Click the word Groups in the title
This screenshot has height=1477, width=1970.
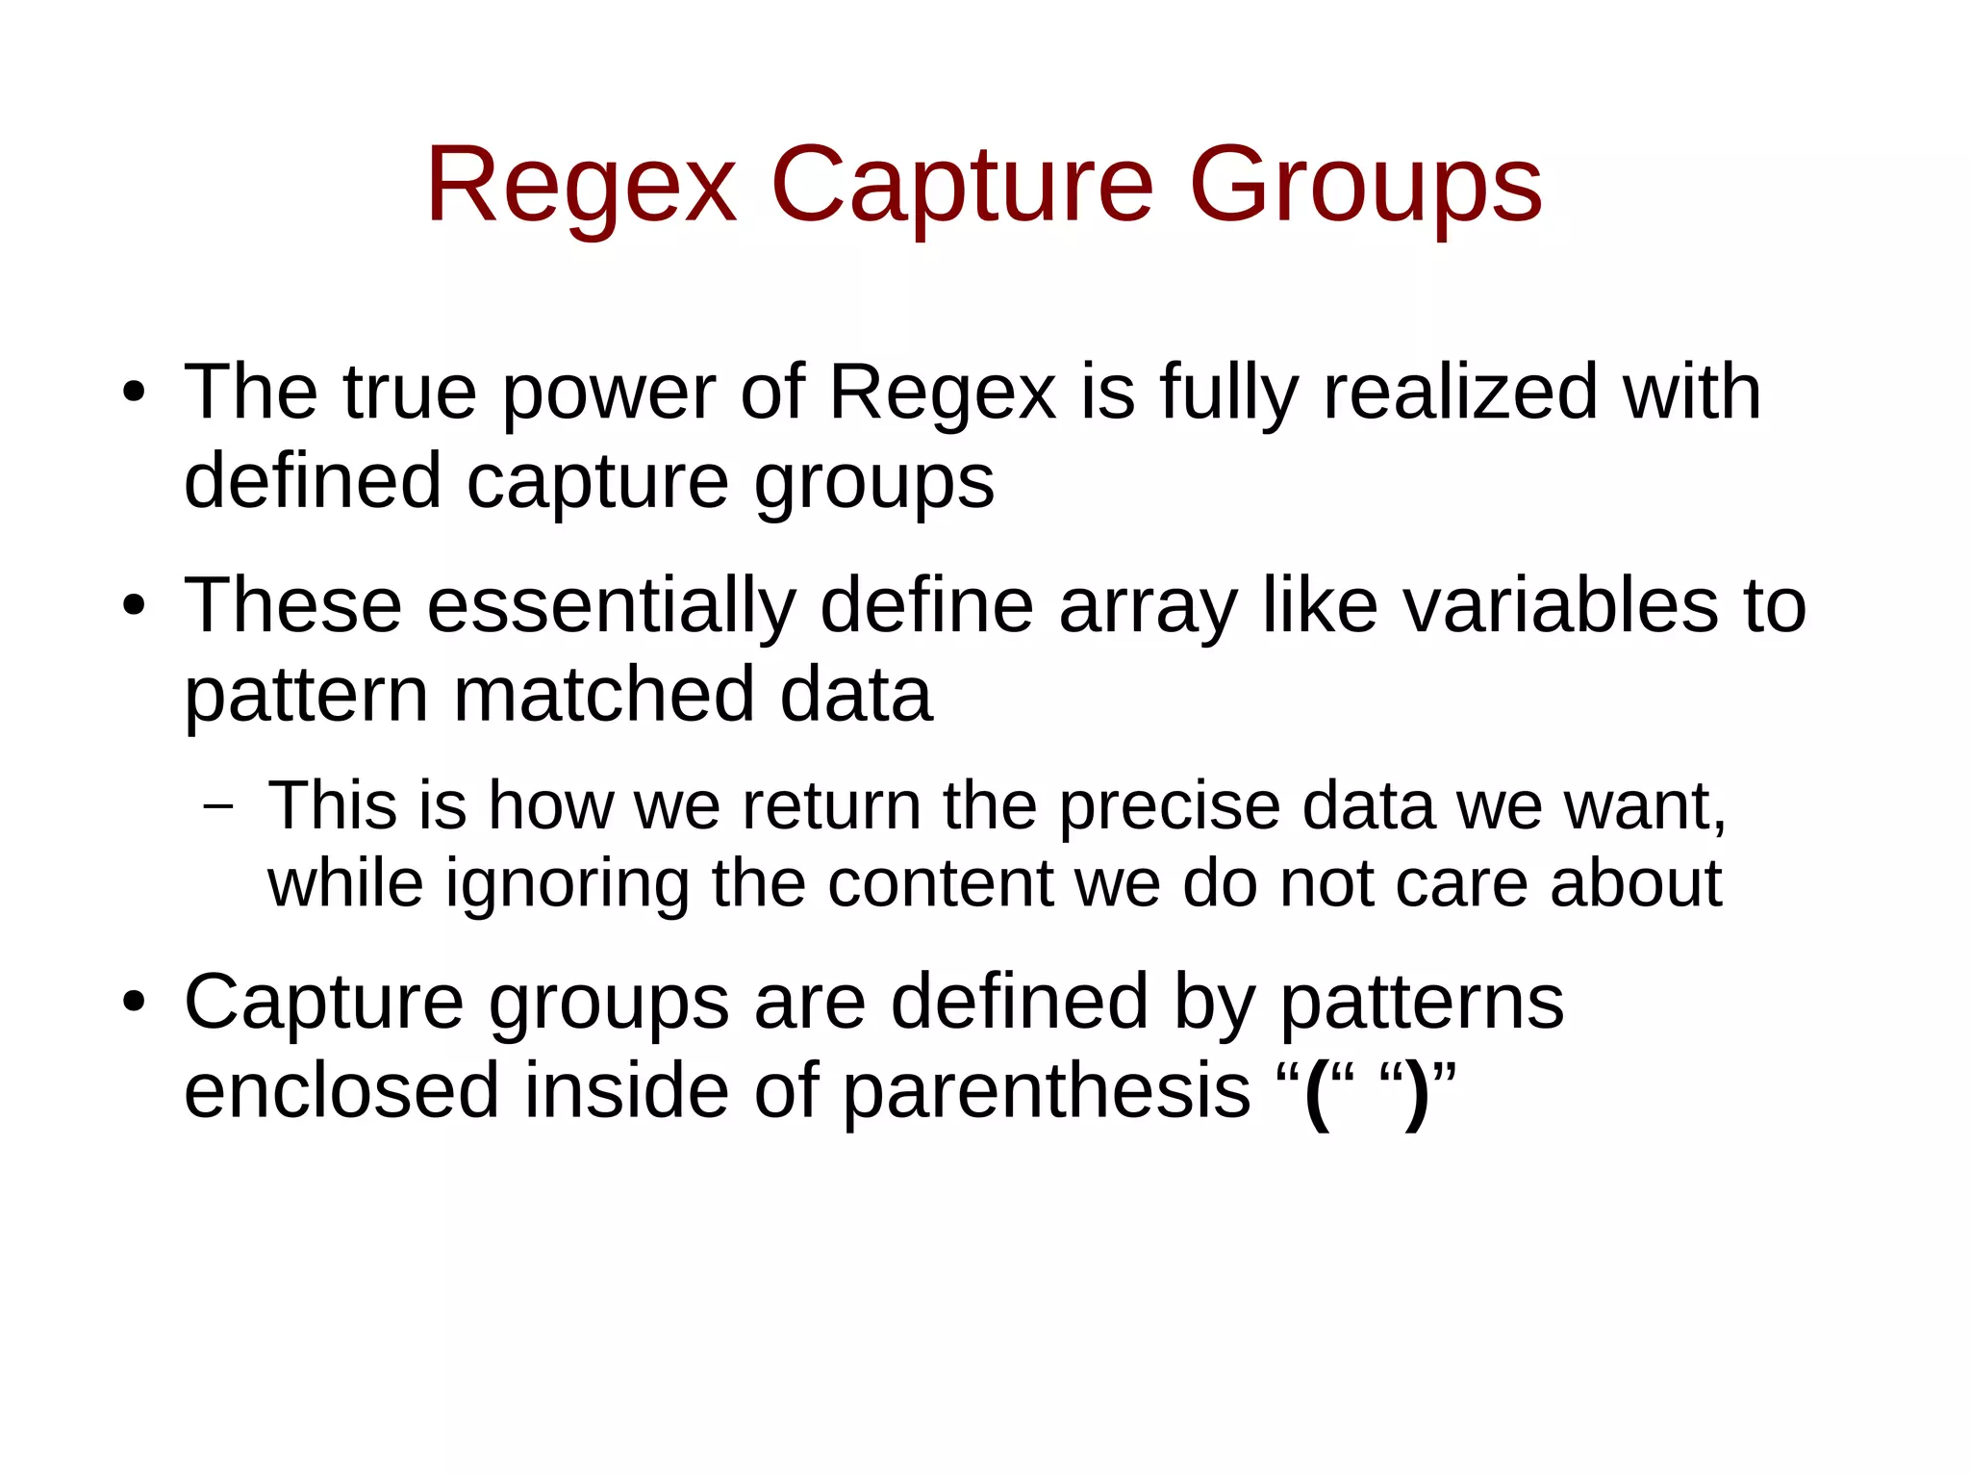tap(1366, 185)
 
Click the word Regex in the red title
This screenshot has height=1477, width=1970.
tap(581, 185)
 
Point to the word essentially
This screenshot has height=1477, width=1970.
tap(612, 606)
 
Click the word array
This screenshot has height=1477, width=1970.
tap(1148, 606)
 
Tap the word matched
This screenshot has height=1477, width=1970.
tap(604, 695)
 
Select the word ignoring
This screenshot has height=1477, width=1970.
tap(568, 883)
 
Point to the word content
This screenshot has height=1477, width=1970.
tap(940, 883)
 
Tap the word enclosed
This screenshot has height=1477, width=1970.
tap(341, 1092)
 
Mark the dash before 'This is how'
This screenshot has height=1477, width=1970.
tap(219, 805)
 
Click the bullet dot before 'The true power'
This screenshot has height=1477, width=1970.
tap(134, 393)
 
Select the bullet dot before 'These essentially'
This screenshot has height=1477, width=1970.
tap(134, 606)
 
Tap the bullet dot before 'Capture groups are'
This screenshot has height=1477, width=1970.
tap(134, 1003)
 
